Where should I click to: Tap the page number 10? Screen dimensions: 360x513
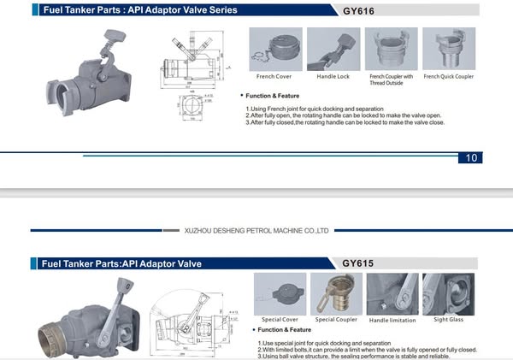pos(472,157)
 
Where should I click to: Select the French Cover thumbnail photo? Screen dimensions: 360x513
pos(275,49)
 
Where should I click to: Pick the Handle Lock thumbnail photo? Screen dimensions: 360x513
pos(333,49)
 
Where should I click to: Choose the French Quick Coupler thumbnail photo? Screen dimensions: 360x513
pos(448,49)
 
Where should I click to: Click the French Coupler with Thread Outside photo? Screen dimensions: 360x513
pos(391,49)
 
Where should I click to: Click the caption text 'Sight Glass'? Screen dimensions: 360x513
pos(448,320)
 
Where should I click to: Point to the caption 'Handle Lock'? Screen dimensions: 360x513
pos(333,77)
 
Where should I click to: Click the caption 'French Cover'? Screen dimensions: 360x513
pos(275,77)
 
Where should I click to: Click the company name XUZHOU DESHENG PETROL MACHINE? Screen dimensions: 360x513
pos(256,230)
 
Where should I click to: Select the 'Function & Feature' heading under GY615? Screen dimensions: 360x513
pos(285,329)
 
